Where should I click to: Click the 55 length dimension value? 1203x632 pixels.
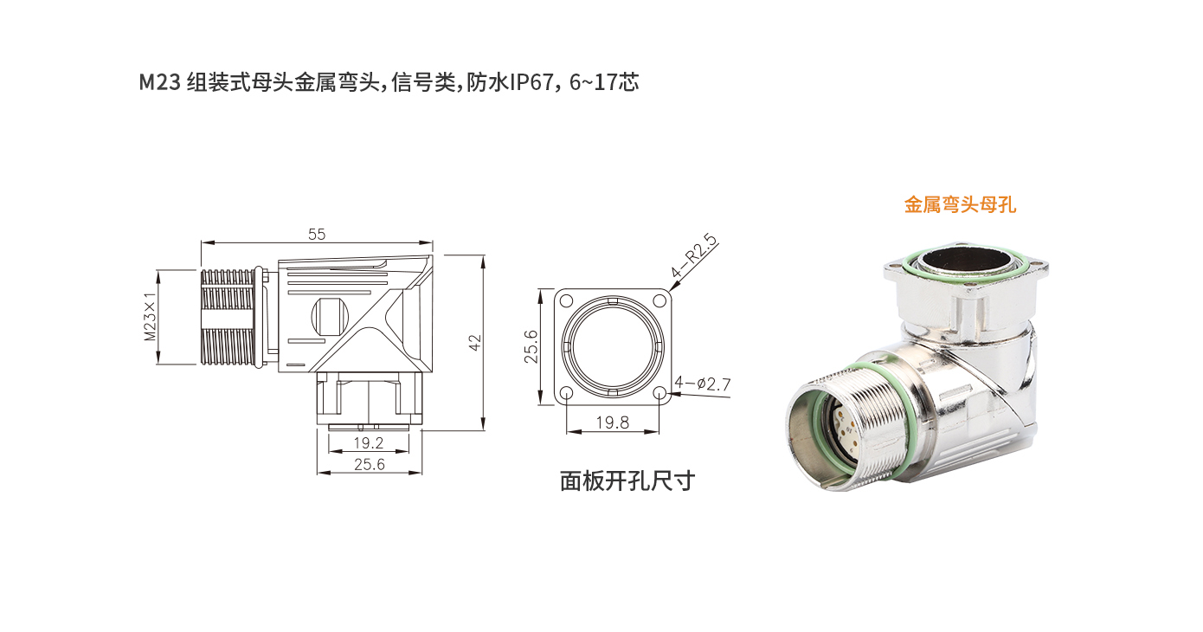pos(317,234)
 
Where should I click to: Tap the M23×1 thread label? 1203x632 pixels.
pos(151,319)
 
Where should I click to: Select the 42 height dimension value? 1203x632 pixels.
pos(474,342)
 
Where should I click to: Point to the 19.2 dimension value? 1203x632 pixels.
pos(369,443)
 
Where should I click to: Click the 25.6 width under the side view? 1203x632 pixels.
pos(370,465)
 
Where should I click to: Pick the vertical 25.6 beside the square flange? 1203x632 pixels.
pos(532,345)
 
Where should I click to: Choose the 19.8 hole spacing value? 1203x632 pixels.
pos(612,422)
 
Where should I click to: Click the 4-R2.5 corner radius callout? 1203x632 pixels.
pos(696,257)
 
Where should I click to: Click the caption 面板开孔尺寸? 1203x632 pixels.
pos(627,480)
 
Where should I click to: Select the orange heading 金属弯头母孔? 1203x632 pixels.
pos(959,205)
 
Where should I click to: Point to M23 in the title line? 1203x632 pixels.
pos(159,83)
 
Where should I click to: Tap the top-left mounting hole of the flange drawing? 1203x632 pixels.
pos(566,301)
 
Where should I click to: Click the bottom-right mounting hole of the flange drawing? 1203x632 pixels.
pos(659,394)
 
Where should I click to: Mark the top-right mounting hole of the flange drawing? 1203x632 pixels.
pos(659,301)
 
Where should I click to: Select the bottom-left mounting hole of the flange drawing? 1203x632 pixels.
pos(566,394)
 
